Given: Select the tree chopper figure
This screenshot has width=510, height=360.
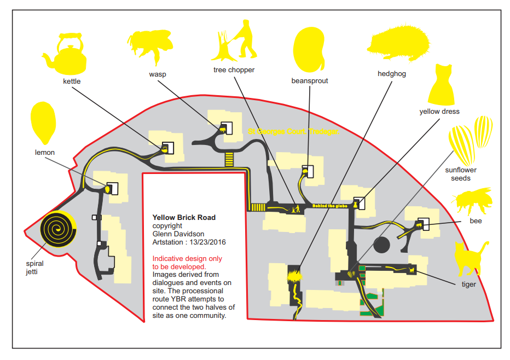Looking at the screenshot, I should coord(237,42).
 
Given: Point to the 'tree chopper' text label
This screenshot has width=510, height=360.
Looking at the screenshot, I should coord(234,70).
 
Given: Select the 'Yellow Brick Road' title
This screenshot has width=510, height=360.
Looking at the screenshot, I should coord(184,217).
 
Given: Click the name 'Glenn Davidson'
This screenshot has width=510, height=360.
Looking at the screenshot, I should coord(178,234).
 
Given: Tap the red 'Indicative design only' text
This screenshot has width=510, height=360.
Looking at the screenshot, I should coord(187,258).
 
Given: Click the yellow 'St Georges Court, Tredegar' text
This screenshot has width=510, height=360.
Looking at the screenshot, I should coord(293,132).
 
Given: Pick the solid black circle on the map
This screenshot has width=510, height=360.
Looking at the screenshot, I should coord(381,246).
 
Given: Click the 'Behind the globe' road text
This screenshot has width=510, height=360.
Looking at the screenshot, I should coord(331,206).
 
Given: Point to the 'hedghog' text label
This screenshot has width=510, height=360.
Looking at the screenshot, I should coord(392,74).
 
